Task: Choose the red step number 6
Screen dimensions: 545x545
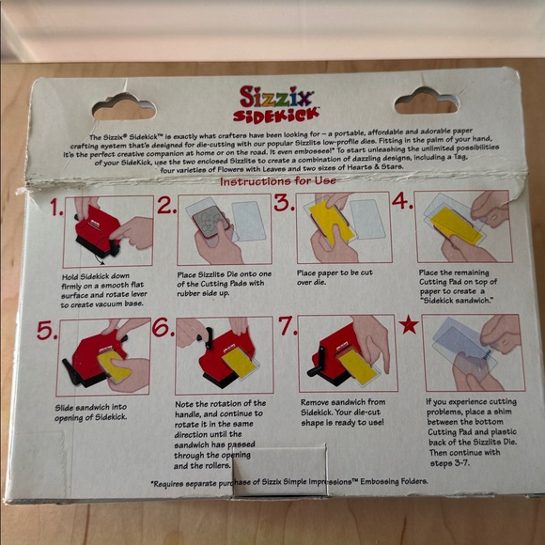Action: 163,328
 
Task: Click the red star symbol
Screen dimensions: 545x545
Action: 409,326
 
